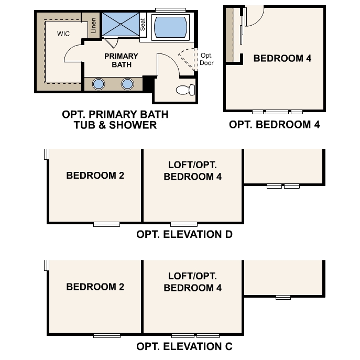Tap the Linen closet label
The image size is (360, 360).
coord(93,25)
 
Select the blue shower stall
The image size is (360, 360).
coord(119,24)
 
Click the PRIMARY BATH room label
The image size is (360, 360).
coord(121,60)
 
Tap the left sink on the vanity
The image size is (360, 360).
coord(99,84)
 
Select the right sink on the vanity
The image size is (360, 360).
coord(127,84)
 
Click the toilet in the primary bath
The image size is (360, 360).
coord(186,90)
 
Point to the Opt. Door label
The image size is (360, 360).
coord(206,59)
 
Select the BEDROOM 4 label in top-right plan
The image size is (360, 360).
coord(282,58)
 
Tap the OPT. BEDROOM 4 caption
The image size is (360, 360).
coord(274,125)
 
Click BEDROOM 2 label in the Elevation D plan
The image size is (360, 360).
coord(95,176)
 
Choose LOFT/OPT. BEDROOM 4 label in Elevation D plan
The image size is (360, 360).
coord(192,171)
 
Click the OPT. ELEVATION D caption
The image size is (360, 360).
coord(184,234)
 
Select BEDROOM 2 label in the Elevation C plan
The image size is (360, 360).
coord(95,287)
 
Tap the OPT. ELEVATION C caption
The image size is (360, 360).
coord(184,346)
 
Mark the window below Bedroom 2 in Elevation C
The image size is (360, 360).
coord(106,335)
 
